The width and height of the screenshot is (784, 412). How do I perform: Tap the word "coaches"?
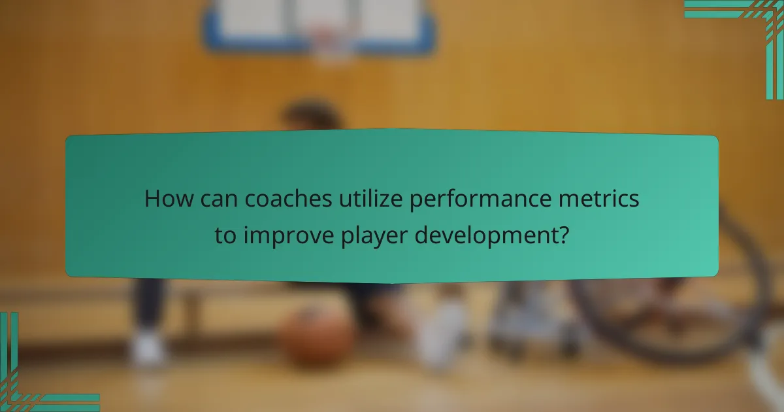pyautogui.click(x=275, y=199)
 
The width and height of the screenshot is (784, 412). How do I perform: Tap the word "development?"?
pyautogui.click(x=497, y=235)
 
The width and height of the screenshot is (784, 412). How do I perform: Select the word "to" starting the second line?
pyautogui.click(x=225, y=235)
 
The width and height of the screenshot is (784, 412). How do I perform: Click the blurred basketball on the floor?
pyautogui.click(x=317, y=337)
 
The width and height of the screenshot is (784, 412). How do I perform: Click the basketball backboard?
pyautogui.click(x=319, y=23)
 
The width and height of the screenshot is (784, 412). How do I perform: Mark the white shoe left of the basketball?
pyautogui.click(x=147, y=350)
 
